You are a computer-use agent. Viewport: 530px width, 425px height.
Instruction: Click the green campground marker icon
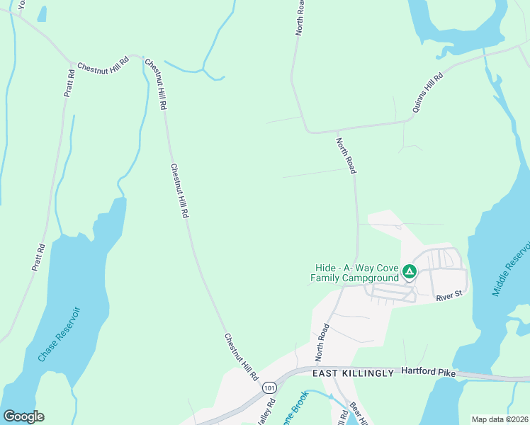coord(409,271)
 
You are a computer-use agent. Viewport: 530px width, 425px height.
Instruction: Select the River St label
coord(449,297)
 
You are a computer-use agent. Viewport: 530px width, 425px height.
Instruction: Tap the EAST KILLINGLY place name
coord(353,373)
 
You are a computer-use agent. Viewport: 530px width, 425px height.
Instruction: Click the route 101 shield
coord(269,388)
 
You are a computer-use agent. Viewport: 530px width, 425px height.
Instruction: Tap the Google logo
coord(23,416)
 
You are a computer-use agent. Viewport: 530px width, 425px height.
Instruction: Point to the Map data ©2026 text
coord(500,419)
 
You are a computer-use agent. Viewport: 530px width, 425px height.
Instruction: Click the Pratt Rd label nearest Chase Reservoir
coord(38,258)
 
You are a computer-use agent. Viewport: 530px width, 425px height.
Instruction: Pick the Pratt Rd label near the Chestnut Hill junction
coord(69,83)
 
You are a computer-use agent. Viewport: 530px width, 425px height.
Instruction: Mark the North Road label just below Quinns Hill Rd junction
coord(346,155)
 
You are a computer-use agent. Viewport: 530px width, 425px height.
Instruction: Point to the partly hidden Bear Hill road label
coord(357,414)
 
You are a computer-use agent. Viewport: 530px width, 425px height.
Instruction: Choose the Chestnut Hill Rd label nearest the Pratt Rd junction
coord(103,63)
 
